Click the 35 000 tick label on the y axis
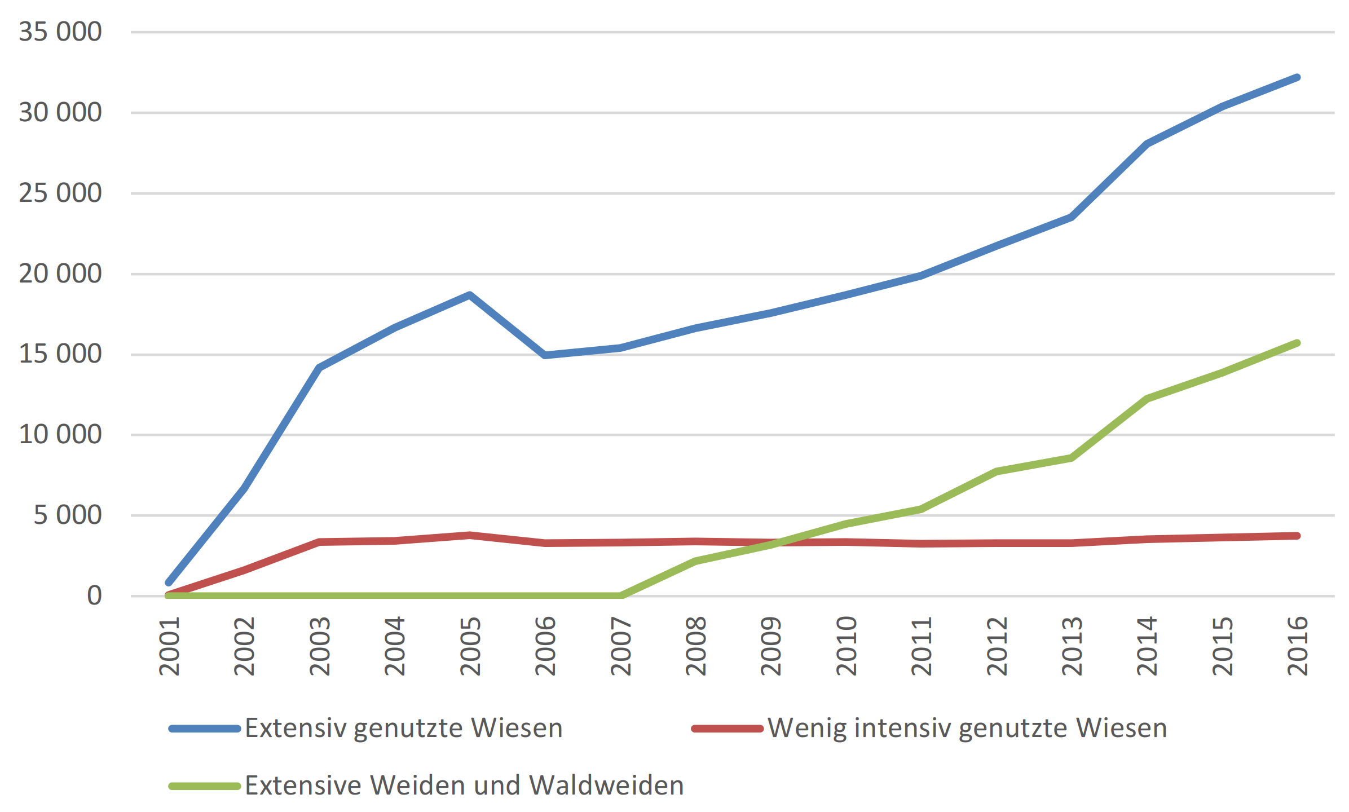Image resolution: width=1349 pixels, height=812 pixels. coord(60,32)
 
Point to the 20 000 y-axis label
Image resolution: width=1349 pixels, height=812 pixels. coord(60,274)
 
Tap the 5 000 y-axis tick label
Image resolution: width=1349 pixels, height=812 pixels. coord(67,515)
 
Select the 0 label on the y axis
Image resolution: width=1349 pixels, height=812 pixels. coord(94,596)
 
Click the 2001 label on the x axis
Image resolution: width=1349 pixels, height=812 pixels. coord(169,646)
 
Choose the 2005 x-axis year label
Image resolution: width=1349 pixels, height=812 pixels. coord(470,646)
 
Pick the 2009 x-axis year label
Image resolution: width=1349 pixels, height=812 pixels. coord(771,646)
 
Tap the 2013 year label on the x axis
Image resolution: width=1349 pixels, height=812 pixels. coord(1072,646)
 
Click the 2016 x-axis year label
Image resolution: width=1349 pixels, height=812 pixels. coord(1298,646)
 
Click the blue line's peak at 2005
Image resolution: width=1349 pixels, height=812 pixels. coord(470,294)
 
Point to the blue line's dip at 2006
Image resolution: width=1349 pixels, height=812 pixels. coord(545,355)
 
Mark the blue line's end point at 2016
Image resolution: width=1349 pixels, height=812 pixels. coord(1298,77)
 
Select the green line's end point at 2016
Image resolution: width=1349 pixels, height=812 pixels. coord(1298,343)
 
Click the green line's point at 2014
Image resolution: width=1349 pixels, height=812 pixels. coord(1147,399)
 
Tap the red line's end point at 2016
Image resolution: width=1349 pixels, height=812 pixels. coord(1298,536)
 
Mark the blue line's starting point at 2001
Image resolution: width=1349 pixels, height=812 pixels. coord(169,582)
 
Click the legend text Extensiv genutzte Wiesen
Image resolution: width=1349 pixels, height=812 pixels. coord(404,729)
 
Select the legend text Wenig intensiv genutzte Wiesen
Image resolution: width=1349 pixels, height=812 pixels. coord(967,729)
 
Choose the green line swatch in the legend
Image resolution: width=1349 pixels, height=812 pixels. coord(205,786)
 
